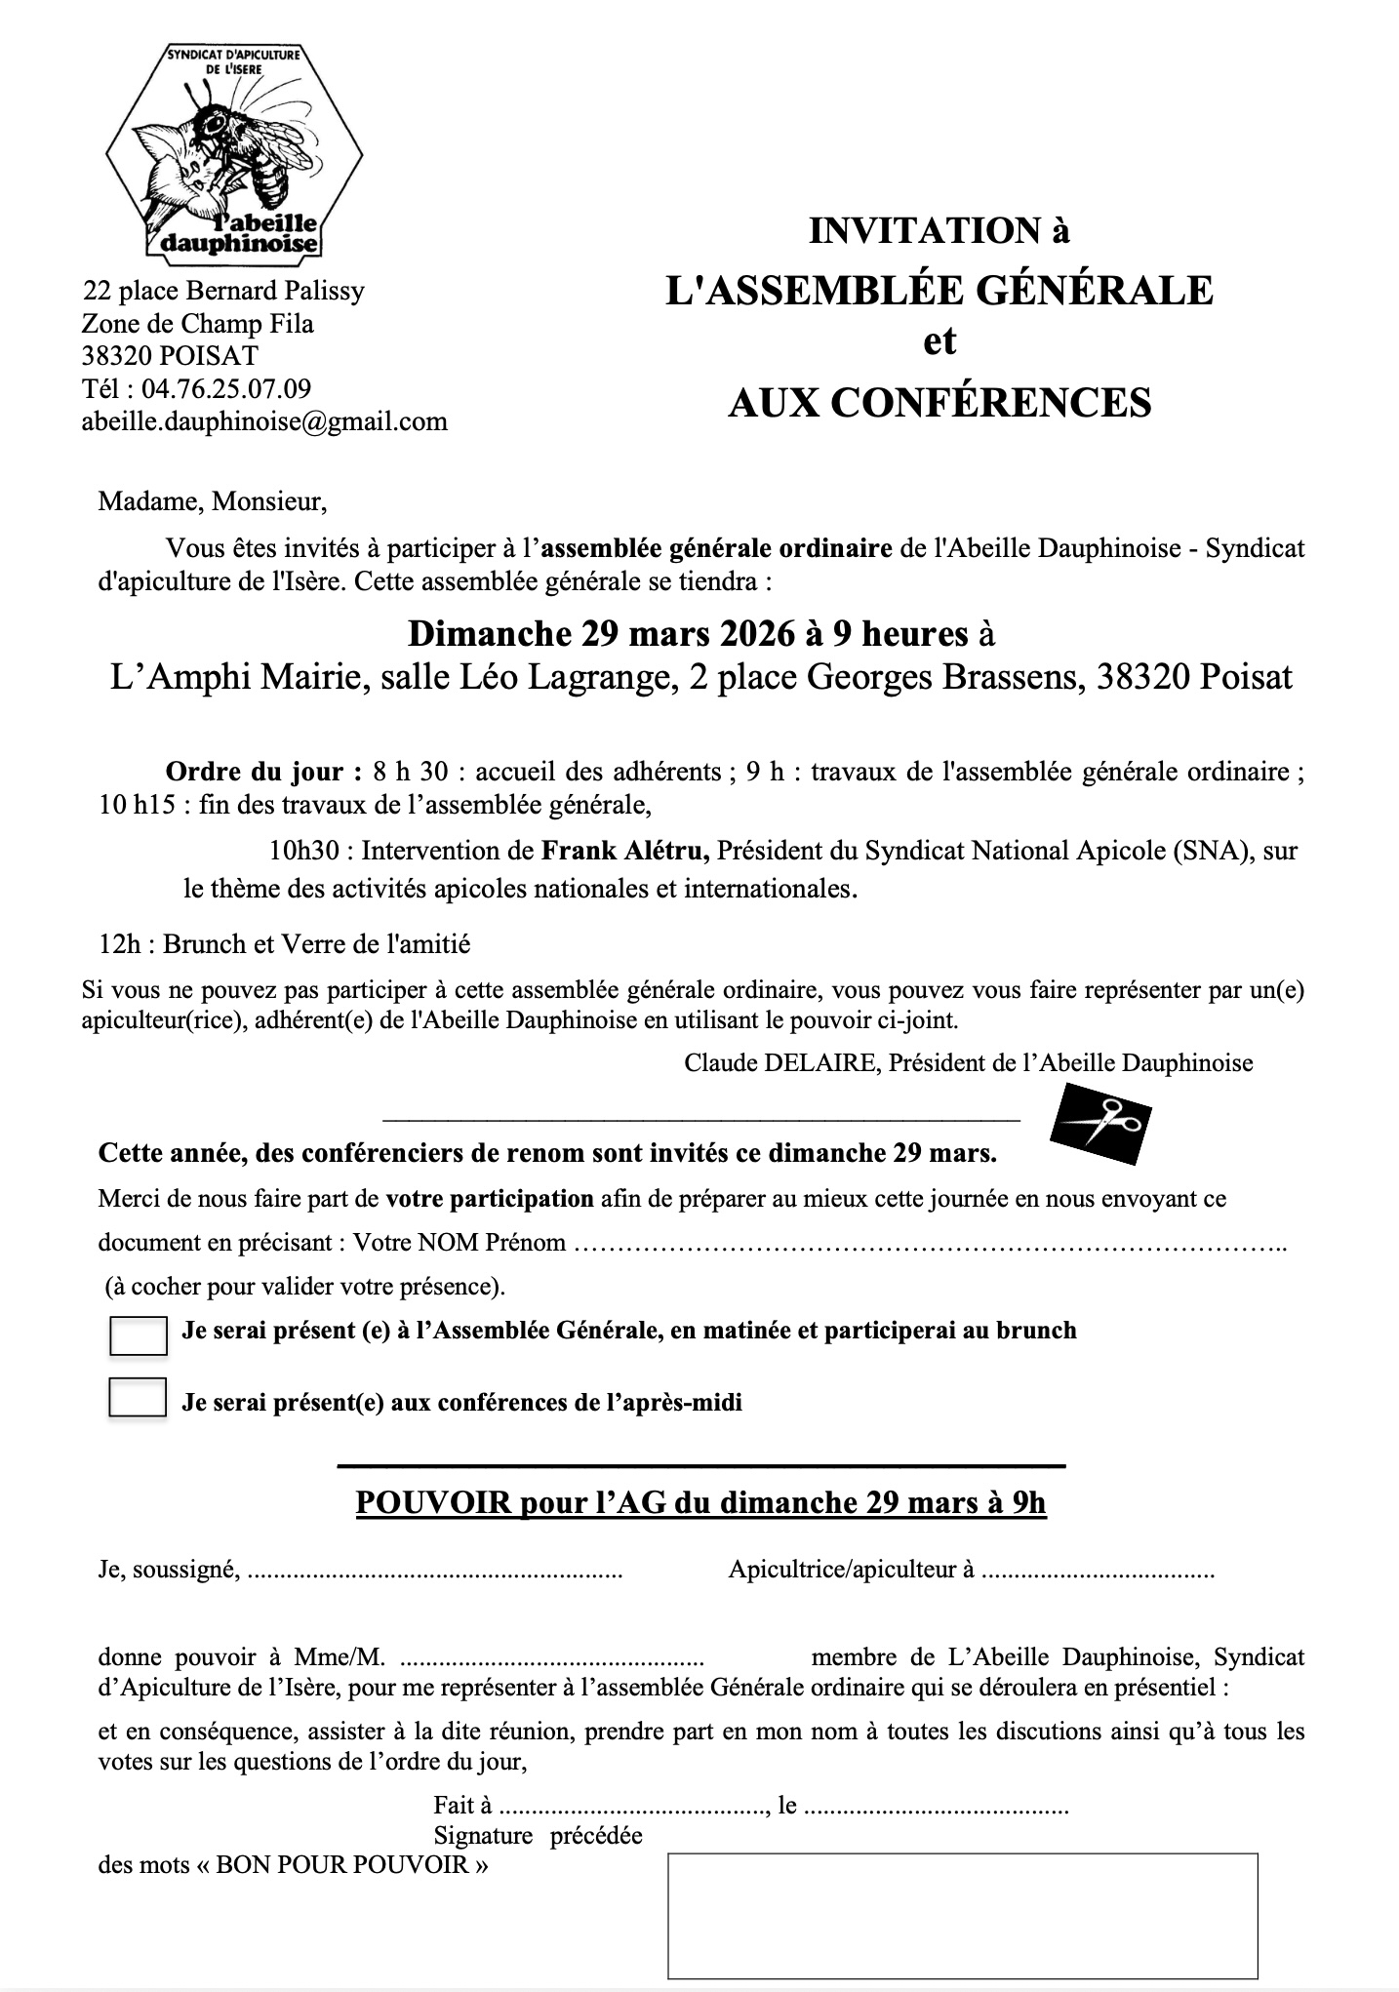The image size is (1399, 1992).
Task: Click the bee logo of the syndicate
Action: (x=234, y=152)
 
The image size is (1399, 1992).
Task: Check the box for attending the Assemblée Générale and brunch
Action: (x=139, y=1335)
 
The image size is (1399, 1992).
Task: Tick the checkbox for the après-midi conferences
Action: (x=138, y=1397)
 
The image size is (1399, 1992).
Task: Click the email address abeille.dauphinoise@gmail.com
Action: (x=265, y=421)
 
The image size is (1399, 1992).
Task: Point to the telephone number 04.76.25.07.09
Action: (x=226, y=388)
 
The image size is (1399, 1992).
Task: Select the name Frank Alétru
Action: (x=625, y=851)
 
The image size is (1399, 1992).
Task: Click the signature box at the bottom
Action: (x=962, y=1916)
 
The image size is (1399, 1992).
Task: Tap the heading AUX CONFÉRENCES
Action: (x=939, y=402)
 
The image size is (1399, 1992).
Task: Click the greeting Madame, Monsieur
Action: (x=213, y=502)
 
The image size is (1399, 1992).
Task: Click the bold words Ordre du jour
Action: (x=254, y=772)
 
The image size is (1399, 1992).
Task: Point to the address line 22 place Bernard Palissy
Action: (x=224, y=291)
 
